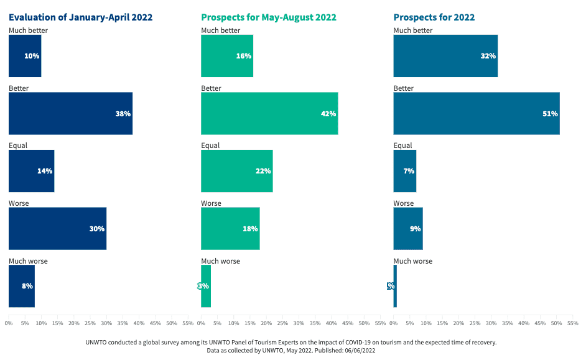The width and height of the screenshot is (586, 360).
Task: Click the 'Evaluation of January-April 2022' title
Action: pyautogui.click(x=80, y=17)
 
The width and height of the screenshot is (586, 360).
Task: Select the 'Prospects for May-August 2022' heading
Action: pyautogui.click(x=269, y=17)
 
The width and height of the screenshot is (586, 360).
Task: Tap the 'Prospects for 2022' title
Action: pyautogui.click(x=434, y=17)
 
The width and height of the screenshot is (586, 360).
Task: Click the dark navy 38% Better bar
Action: pyautogui.click(x=70, y=113)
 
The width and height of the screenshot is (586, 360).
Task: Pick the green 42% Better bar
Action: pyautogui.click(x=269, y=113)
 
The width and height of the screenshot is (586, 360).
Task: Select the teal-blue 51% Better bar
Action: pyautogui.click(x=477, y=113)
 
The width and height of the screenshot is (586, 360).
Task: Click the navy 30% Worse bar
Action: pyautogui.click(x=57, y=228)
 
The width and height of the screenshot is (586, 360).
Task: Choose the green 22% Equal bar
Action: pyautogui.click(x=236, y=171)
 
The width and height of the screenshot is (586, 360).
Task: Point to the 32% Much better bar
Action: pyautogui.click(x=445, y=56)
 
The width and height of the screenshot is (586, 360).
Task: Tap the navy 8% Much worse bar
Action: pyautogui.click(x=21, y=286)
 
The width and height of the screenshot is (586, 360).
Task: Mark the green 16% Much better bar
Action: pyautogui.click(x=227, y=56)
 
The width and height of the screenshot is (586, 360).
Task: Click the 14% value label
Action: pyautogui.click(x=44, y=171)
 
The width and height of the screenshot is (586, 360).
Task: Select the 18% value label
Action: pyautogui.click(x=250, y=229)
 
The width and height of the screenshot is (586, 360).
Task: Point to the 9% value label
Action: pyautogui.click(x=414, y=229)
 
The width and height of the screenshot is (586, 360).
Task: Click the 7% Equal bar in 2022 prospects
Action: pyautogui.click(x=404, y=171)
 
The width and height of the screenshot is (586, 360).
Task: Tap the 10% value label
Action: pyautogui.click(x=32, y=56)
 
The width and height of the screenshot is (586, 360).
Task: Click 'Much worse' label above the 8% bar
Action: pyautogui.click(x=28, y=261)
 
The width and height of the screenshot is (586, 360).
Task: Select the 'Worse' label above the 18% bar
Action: pyautogui.click(x=211, y=203)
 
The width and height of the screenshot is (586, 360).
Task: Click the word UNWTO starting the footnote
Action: pyautogui.click(x=96, y=342)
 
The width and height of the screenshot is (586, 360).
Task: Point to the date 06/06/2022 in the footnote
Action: pyautogui.click(x=357, y=351)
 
